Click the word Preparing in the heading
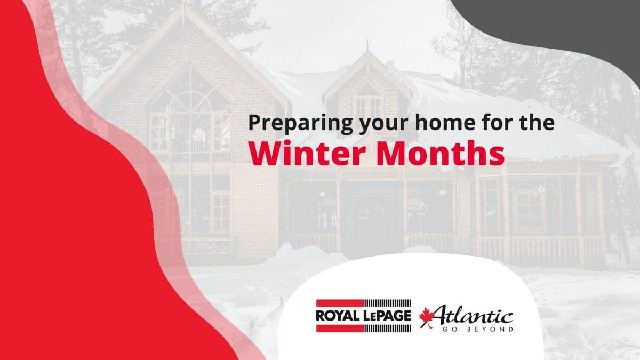300,123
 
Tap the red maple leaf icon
426,317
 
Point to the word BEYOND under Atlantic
490,329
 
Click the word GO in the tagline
449,329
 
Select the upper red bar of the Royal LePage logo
340,303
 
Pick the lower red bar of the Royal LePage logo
340,329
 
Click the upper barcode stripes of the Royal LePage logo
387,303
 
